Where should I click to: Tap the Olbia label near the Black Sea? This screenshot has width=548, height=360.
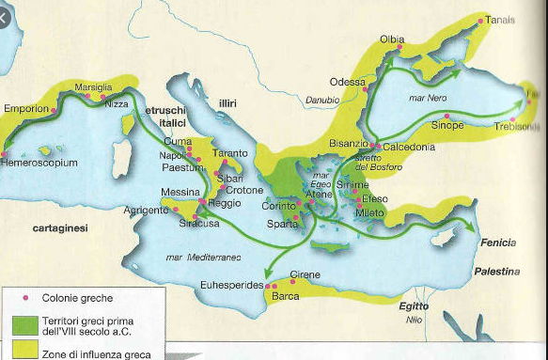pos(392,39)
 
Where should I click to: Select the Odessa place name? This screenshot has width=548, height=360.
pos(348,83)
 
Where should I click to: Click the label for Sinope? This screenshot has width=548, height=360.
pos(446,124)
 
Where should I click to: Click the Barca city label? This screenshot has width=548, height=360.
pos(285,297)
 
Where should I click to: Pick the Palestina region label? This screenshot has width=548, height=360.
pos(496,272)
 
